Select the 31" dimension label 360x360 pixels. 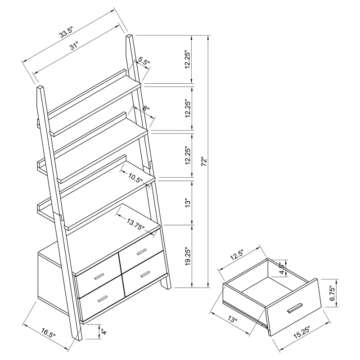[73, 45]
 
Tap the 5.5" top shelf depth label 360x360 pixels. [144, 61]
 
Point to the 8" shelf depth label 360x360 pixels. [145, 108]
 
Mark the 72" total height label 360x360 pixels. [204, 161]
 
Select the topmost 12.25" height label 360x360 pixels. [189, 59]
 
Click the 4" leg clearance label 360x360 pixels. [103, 333]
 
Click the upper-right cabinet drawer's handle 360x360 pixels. [142, 251]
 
